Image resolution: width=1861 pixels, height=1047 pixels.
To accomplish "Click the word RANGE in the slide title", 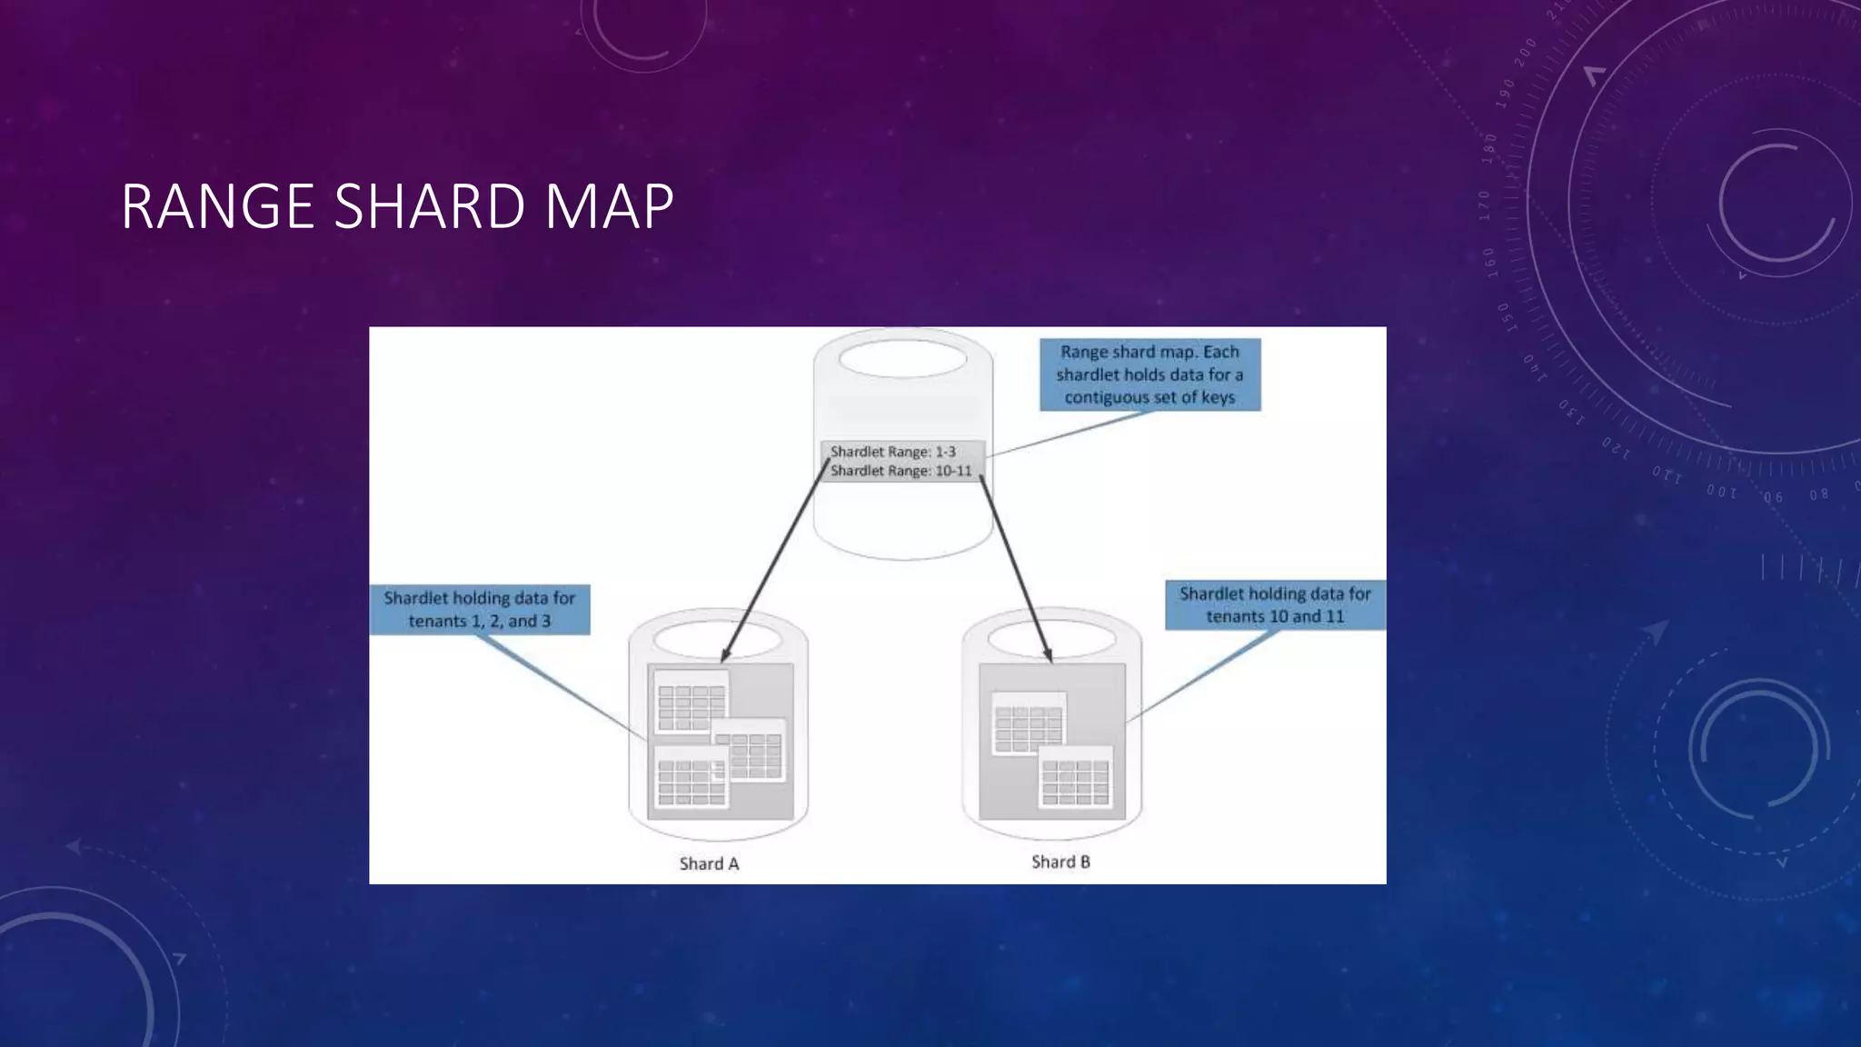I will pos(217,207).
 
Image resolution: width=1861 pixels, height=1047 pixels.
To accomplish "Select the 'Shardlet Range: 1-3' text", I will pos(892,452).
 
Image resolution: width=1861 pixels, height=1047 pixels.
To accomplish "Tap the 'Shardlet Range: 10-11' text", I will pos(901,471).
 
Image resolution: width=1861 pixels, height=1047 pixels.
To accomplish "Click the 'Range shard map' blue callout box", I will pos(1149,374).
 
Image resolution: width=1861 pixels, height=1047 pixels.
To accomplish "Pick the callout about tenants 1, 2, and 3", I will pos(480,609).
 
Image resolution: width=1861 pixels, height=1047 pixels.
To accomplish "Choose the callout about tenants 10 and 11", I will pos(1275,604).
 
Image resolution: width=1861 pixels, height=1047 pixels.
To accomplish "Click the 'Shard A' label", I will pos(709,863).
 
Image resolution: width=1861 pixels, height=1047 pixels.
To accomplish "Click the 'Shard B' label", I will pos(1060,862).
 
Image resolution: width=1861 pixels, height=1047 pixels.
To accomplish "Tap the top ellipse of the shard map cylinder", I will pos(902,359).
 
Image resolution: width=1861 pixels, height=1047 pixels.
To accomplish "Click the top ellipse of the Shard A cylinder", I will pos(717,639).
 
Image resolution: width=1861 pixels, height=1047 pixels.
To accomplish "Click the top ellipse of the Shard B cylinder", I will pos(1051,639).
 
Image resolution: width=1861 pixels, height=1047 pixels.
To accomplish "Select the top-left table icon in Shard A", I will pos(691,702).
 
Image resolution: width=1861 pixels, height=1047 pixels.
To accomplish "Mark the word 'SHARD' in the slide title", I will pos(430,207).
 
